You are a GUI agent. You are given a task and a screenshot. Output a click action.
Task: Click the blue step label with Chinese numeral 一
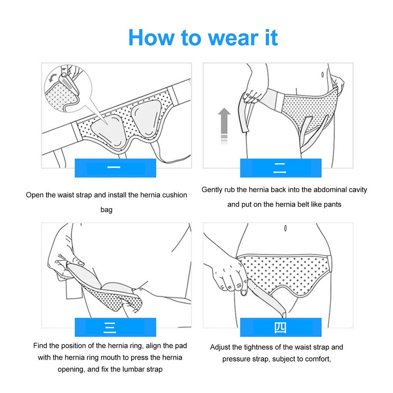[x=115, y=168]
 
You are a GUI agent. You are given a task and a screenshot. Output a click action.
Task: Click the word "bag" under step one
[x=107, y=210]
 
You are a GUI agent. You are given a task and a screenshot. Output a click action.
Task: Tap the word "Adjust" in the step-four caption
[x=221, y=347]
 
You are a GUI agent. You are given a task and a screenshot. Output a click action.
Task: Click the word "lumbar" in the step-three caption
[x=135, y=370]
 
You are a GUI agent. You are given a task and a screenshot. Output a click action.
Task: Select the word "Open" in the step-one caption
[x=35, y=195]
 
